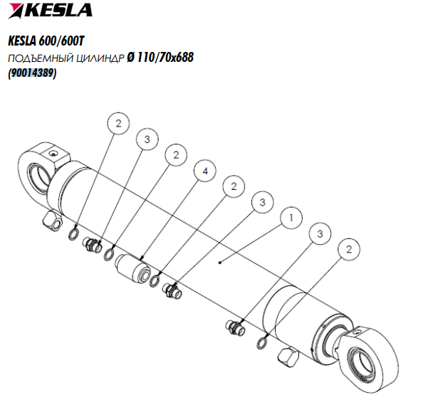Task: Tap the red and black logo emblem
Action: (x=16, y=11)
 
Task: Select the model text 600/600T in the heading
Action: (x=61, y=41)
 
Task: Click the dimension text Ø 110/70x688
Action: (x=160, y=58)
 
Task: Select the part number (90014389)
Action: (x=32, y=73)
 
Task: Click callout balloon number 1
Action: (x=291, y=218)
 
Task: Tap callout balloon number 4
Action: (x=205, y=171)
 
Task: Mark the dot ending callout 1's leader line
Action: (x=220, y=263)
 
